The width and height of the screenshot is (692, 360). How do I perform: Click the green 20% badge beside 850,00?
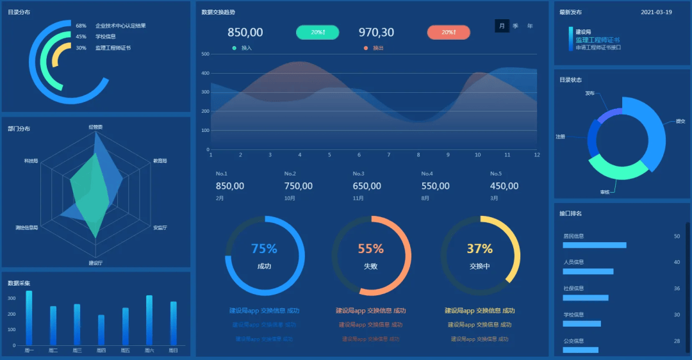click(x=317, y=32)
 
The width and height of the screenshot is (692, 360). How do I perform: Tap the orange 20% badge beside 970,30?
click(x=449, y=32)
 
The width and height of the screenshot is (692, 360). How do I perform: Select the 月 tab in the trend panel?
click(x=502, y=26)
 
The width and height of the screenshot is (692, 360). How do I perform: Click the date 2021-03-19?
click(x=656, y=12)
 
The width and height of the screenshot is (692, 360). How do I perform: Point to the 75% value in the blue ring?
click(x=264, y=249)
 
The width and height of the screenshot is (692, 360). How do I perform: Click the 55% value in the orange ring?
click(x=370, y=249)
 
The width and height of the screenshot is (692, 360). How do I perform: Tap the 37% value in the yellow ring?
click(x=479, y=249)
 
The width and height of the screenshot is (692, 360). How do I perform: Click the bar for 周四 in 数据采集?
click(x=101, y=330)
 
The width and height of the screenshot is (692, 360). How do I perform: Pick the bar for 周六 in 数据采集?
click(x=149, y=320)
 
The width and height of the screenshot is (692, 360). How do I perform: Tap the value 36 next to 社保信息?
click(x=677, y=288)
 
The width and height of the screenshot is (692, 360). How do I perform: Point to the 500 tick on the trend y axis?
click(x=205, y=54)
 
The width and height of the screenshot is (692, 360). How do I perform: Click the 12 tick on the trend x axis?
click(x=537, y=155)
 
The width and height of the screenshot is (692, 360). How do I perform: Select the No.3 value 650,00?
click(x=367, y=186)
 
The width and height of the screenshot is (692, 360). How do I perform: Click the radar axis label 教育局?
click(x=160, y=161)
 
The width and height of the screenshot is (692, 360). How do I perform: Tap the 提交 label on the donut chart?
click(x=680, y=121)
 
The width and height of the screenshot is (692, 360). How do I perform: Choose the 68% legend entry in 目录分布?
click(x=81, y=26)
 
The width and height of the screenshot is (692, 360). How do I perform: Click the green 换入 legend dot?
click(x=235, y=48)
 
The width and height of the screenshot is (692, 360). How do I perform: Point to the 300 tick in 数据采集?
click(x=12, y=299)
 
